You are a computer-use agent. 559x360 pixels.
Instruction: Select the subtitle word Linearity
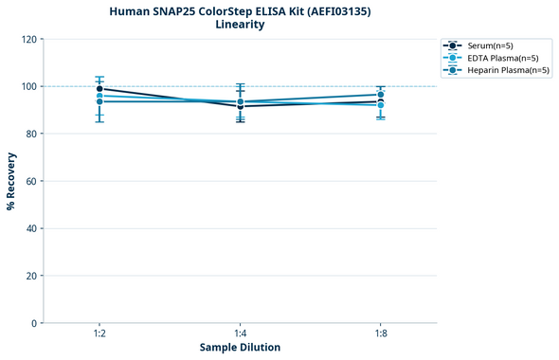tap(240, 25)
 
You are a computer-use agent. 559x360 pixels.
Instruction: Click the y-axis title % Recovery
tap(11, 181)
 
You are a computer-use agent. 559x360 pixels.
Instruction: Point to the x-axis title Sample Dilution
tap(240, 348)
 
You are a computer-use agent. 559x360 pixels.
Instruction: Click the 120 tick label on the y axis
tap(28, 39)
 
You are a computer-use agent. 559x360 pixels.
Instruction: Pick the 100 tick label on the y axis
tap(28, 86)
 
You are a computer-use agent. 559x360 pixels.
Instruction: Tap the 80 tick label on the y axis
tap(31, 134)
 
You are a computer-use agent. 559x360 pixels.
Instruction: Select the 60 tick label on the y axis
tap(31, 181)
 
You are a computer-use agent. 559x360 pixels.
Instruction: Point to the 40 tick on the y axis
tap(31, 228)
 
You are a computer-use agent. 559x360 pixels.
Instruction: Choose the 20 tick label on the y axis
tap(31, 276)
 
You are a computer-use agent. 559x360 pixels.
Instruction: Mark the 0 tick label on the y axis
tap(34, 323)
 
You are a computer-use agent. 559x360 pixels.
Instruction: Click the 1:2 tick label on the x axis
tap(99, 333)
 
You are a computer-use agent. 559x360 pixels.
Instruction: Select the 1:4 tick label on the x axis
tap(240, 333)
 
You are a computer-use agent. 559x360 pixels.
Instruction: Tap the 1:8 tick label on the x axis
tap(380, 333)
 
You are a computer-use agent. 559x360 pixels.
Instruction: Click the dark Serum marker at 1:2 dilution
tap(99, 89)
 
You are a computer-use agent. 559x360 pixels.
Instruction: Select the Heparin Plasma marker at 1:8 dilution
tap(380, 95)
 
